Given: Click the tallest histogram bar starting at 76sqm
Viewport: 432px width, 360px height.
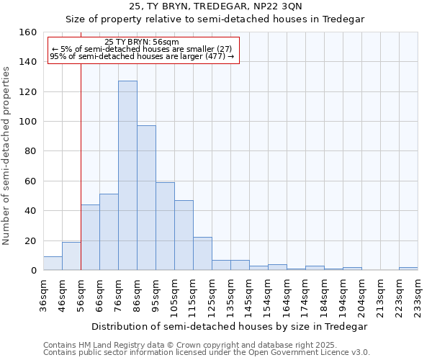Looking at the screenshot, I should [x=127, y=176].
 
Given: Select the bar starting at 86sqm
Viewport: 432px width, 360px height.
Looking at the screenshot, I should [x=146, y=198].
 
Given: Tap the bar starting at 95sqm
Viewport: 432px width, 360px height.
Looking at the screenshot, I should [x=165, y=226].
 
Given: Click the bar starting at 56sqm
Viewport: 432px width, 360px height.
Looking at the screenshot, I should [x=90, y=238].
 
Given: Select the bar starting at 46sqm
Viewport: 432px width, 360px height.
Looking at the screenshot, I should [x=71, y=256].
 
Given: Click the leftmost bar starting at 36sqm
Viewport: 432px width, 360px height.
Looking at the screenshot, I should [x=53, y=263].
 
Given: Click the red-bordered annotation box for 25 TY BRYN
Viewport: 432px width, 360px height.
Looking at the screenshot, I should [x=143, y=50].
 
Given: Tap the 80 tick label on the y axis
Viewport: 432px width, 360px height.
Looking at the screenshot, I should [x=30, y=151].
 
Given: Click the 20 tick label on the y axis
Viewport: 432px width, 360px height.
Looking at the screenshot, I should [x=30, y=240].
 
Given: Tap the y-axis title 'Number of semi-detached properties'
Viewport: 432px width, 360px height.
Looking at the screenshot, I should [x=6, y=152].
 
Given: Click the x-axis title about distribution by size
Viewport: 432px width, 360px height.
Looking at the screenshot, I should [x=230, y=326].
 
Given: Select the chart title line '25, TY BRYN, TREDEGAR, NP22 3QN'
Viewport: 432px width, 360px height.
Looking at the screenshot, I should [x=216, y=6].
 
